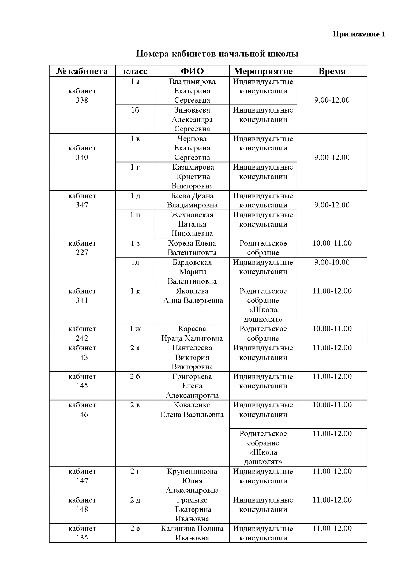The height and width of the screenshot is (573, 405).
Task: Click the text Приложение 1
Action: tap(359, 34)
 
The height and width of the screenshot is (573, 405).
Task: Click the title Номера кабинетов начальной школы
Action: tap(217, 54)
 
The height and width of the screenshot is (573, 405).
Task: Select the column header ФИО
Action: tap(192, 71)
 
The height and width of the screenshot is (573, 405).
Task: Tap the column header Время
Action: tap(332, 71)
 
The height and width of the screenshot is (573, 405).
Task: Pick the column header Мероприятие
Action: tap(263, 71)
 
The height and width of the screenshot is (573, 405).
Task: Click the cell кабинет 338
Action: tap(82, 95)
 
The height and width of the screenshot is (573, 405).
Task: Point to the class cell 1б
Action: tap(135, 110)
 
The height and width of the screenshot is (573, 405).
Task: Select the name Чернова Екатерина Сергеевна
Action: tap(192, 148)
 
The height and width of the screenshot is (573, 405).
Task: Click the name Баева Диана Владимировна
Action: tap(192, 200)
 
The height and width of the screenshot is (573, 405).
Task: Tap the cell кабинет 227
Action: tap(82, 248)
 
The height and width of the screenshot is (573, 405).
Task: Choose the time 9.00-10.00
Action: tap(332, 262)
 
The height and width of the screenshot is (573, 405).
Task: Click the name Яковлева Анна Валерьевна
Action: tap(193, 296)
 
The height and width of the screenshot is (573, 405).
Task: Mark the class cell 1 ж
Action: tap(135, 329)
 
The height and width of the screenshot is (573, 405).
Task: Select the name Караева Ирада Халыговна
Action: tap(192, 333)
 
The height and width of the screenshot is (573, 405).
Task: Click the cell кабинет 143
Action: tap(82, 352)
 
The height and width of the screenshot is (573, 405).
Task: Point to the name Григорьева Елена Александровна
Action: tap(192, 386)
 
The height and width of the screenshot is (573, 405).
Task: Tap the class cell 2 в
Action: tap(135, 405)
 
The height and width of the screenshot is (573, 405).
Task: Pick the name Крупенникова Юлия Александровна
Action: tap(192, 481)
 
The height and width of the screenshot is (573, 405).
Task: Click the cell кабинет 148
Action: tap(82, 504)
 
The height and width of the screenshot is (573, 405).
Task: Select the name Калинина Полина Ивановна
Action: tap(192, 533)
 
